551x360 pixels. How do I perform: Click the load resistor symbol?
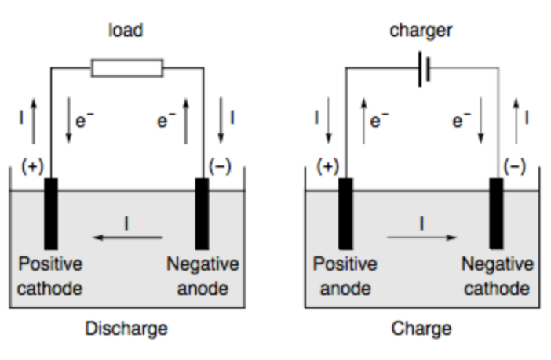[x=126, y=68]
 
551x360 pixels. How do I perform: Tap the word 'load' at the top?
[x=126, y=31]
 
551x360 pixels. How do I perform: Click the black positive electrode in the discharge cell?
[x=51, y=213]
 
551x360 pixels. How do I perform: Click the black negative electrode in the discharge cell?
[x=202, y=213]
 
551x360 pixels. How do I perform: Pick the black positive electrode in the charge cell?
[x=345, y=213]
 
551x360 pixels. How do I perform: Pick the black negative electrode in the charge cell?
[x=496, y=213]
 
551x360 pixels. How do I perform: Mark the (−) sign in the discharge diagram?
[x=221, y=168]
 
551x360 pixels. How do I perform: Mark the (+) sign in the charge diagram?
[x=327, y=166]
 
